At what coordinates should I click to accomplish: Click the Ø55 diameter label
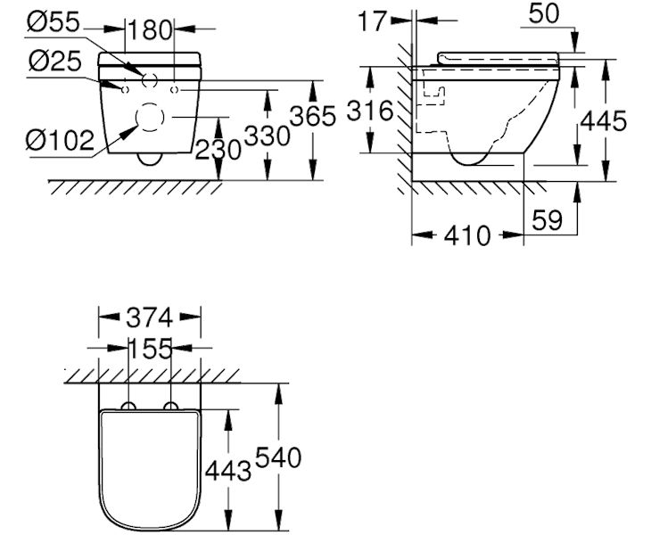(x=53, y=21)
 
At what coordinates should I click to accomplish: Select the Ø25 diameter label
(x=55, y=61)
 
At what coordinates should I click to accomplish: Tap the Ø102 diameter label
(x=61, y=140)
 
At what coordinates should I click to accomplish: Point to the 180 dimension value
(x=150, y=30)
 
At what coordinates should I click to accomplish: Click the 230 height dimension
(x=218, y=149)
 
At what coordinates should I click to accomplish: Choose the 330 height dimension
(x=267, y=136)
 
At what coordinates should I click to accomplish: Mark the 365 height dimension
(x=313, y=116)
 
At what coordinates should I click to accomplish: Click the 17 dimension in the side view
(x=373, y=21)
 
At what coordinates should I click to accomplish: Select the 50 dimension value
(x=544, y=13)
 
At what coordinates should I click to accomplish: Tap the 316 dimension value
(x=369, y=111)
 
